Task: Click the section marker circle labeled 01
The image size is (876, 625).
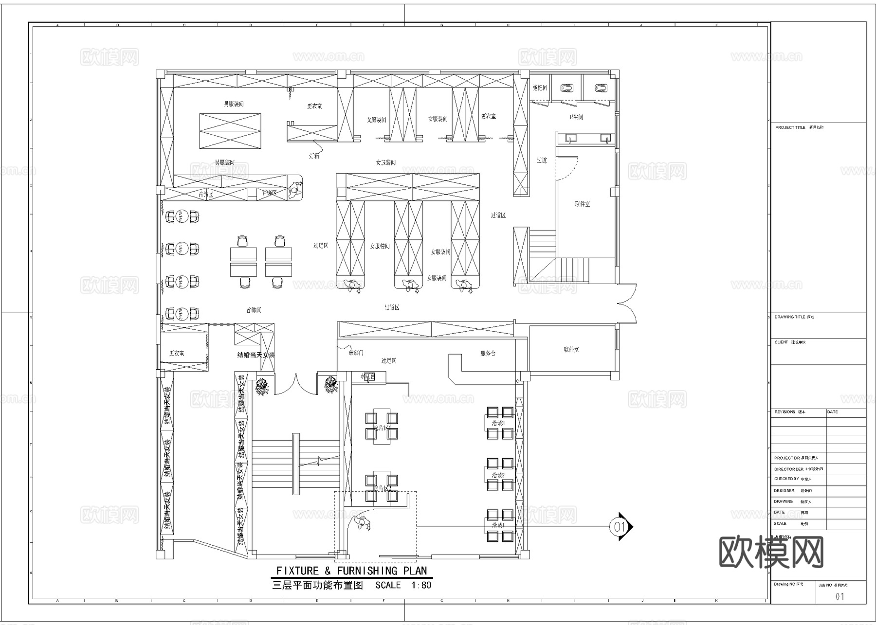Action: click(x=619, y=526)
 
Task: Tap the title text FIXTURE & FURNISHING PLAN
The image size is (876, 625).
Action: click(x=351, y=571)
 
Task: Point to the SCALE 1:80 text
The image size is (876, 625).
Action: click(x=403, y=585)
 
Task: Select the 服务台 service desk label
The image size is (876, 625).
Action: click(x=488, y=353)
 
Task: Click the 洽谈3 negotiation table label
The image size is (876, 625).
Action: click(x=498, y=423)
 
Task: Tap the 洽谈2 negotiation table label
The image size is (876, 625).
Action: click(x=498, y=475)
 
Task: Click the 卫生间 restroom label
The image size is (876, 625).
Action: click(x=576, y=117)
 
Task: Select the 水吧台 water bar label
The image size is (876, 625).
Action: click(x=368, y=376)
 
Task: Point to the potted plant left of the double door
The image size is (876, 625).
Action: click(x=262, y=387)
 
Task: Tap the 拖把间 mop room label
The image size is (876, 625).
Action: click(x=540, y=88)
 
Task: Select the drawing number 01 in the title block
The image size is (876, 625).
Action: click(x=839, y=596)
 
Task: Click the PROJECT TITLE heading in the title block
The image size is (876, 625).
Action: click(x=790, y=127)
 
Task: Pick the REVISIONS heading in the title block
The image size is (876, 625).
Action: click(x=785, y=412)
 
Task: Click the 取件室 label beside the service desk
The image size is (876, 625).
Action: click(x=571, y=349)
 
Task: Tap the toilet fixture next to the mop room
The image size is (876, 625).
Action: click(x=567, y=88)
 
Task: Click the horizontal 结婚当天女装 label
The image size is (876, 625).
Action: click(x=255, y=355)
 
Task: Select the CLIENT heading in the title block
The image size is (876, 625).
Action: click(x=781, y=342)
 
